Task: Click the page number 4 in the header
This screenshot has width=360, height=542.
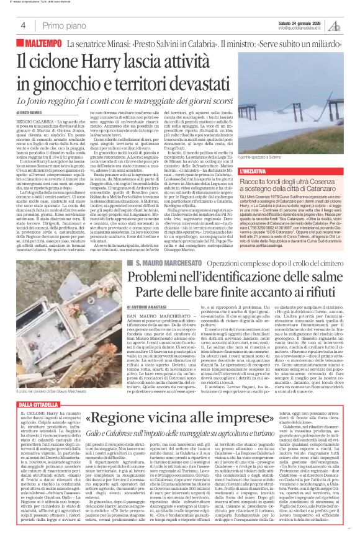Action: pyautogui.click(x=23, y=25)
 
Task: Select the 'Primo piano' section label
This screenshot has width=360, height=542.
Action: pyautogui.click(x=62, y=25)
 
